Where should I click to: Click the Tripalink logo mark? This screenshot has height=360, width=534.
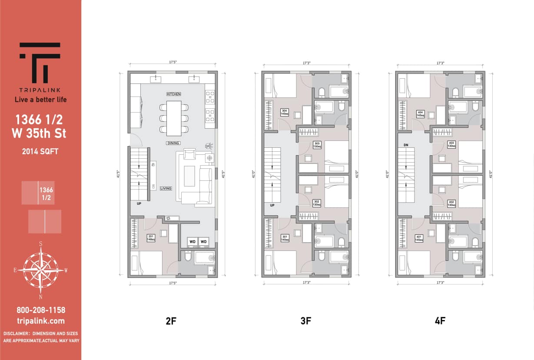[40, 63]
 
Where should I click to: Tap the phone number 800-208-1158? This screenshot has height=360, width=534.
[41, 310]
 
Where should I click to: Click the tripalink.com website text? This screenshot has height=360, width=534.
[41, 321]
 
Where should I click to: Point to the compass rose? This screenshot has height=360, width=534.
[40, 270]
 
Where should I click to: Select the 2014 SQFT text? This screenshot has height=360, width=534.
[40, 152]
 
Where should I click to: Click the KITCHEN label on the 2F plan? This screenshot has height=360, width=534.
[173, 94]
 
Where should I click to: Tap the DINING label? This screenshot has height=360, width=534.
[173, 143]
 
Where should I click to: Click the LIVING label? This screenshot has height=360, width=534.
[166, 188]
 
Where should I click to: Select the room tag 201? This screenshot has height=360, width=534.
[151, 238]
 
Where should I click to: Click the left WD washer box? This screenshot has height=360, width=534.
[192, 241]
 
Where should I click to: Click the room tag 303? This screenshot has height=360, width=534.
[316, 144]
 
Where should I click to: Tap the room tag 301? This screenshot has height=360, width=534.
[285, 238]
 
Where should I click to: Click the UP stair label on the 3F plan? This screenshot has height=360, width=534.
[272, 205]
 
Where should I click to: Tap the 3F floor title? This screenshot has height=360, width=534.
[306, 321]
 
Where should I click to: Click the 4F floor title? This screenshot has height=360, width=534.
[440, 321]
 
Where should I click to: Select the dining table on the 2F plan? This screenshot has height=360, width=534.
[174, 118]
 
